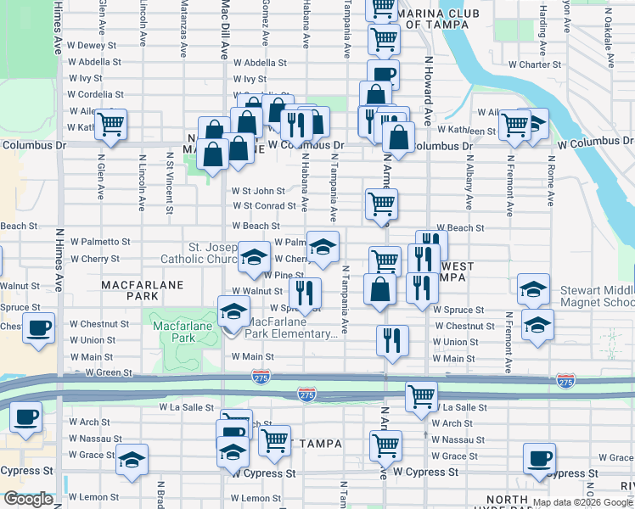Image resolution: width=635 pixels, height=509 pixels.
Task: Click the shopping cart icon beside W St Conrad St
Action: tap(381, 204)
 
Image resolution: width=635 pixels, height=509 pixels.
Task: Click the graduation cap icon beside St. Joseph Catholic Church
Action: tap(253, 257)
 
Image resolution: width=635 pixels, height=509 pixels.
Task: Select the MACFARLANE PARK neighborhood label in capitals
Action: tap(131, 292)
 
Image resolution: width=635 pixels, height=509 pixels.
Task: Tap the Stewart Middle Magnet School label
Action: tap(597, 296)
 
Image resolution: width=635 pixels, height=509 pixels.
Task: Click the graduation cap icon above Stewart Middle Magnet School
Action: tap(533, 289)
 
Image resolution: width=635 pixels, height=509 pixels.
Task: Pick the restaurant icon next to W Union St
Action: tap(392, 341)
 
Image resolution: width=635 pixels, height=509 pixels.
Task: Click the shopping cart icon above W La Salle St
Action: tap(421, 396)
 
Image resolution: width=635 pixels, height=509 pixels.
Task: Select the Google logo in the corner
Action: tap(27, 499)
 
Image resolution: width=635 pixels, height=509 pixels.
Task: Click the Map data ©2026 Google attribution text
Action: tap(583, 502)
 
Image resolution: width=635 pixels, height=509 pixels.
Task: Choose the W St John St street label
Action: tap(259, 192)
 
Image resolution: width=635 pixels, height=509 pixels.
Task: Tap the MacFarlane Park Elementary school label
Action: tap(284, 327)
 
